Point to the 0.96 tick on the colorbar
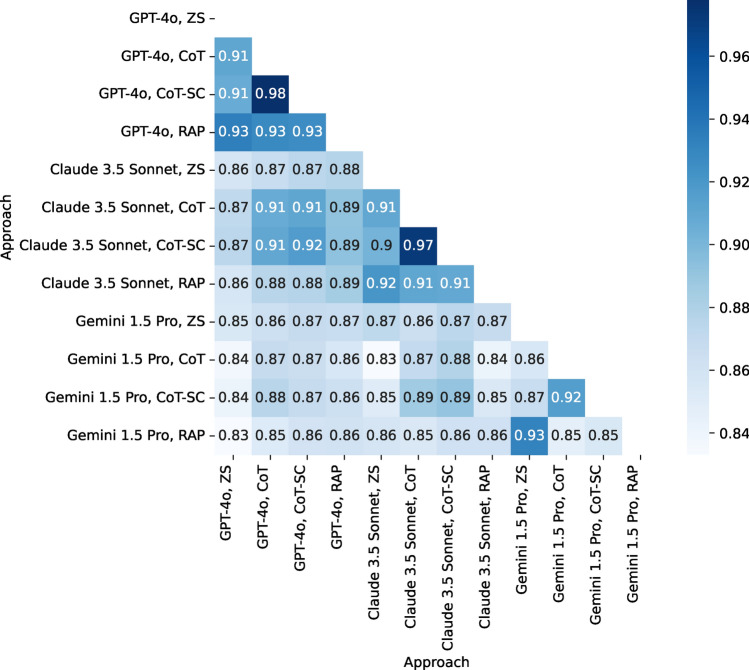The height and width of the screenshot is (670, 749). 724,57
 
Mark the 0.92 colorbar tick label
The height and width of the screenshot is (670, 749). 724,182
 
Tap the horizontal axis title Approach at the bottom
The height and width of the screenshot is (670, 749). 435,660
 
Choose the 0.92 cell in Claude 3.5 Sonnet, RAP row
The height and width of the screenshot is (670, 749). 381,283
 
